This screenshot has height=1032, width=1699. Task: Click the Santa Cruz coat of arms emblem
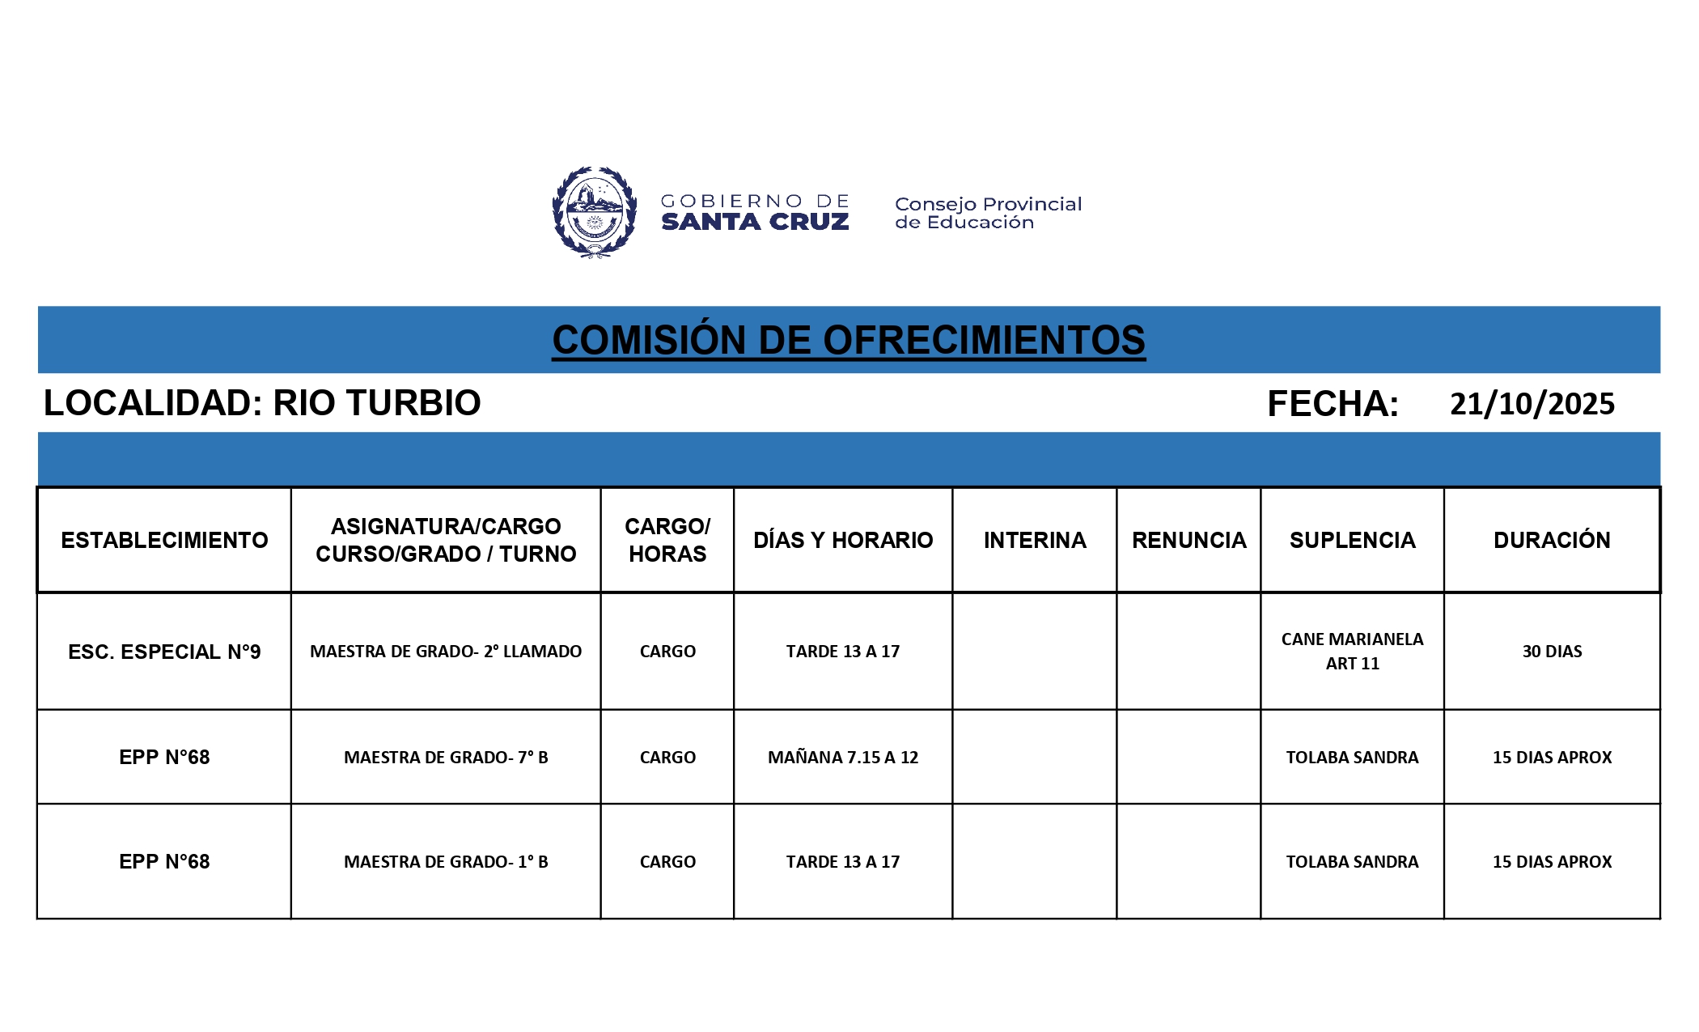594,212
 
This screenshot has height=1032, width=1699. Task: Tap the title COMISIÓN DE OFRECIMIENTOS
849,340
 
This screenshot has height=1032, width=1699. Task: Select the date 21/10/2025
1532,404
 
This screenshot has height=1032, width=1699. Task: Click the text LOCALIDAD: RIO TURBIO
262,403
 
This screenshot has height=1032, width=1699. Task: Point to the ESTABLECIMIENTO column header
164,540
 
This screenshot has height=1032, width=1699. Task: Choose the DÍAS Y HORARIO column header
843,540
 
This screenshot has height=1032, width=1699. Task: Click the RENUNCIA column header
1188,540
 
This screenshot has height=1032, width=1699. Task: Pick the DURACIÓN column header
1552,540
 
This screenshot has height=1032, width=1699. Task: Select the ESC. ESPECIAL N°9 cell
164,652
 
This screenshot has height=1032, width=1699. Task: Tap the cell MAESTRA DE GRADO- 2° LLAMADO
446,652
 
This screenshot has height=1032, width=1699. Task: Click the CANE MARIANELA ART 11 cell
1352,651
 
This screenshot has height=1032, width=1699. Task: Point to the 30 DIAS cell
1552,652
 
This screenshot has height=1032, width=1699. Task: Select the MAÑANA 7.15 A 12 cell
843,758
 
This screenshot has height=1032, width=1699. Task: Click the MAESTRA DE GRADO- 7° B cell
446,758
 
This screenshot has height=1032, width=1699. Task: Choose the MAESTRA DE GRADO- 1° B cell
446,862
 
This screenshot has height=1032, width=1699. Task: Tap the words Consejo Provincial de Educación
988,213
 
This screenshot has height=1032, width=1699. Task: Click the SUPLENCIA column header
1352,540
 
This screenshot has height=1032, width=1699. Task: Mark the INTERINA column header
1035,540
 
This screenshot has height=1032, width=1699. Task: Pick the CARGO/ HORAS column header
667,540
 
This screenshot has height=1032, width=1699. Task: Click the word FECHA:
1333,404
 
